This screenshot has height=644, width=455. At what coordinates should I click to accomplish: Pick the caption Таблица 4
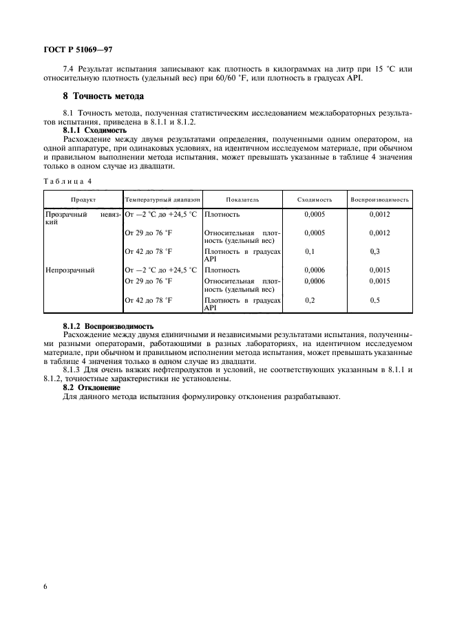(67, 181)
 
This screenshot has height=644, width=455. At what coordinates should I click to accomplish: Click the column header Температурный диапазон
(162, 200)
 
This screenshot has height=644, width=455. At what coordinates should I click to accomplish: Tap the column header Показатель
(242, 200)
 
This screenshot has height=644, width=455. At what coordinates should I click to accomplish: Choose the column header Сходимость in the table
(315, 200)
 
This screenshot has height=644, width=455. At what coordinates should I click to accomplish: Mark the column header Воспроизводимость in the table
(379, 200)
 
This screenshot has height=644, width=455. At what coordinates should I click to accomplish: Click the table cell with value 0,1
(310, 252)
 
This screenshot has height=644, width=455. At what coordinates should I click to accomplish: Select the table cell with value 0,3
(375, 252)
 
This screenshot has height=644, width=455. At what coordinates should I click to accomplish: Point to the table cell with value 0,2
(310, 301)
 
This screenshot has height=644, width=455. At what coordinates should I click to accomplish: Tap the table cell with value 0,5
(375, 301)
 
